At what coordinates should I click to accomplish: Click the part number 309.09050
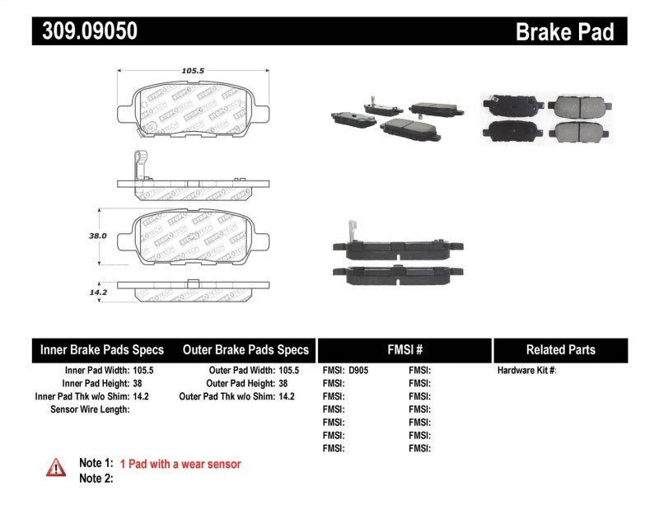click(x=85, y=31)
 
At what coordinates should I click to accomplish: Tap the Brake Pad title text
click(x=564, y=31)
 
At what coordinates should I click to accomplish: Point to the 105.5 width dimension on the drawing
click(x=193, y=71)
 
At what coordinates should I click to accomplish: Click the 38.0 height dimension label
click(x=98, y=235)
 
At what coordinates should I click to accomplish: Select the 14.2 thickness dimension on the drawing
click(x=98, y=291)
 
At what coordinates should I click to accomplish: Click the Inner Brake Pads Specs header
click(x=102, y=349)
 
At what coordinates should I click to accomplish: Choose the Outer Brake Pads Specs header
click(x=245, y=349)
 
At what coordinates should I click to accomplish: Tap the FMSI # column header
click(x=404, y=349)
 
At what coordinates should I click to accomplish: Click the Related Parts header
click(x=560, y=349)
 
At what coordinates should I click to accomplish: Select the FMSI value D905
click(x=359, y=371)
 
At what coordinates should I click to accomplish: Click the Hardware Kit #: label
click(x=527, y=371)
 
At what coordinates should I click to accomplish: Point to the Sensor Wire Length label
click(x=90, y=409)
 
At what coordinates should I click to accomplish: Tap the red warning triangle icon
click(x=56, y=467)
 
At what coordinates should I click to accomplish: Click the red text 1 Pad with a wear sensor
click(x=180, y=464)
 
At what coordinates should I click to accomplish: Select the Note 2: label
click(x=96, y=478)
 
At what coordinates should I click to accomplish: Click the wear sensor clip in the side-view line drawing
click(x=140, y=165)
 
